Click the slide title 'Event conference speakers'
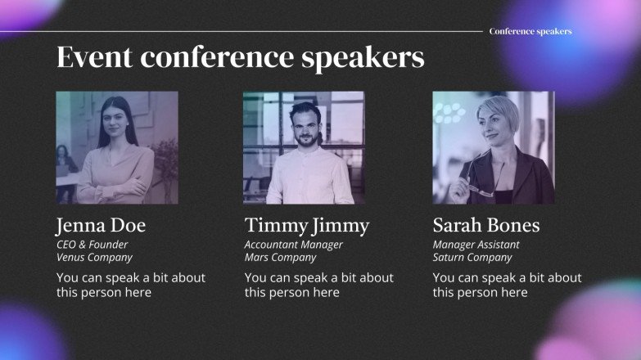pos(240,58)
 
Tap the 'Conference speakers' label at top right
pos(530,31)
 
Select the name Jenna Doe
pos(101,226)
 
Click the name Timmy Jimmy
pos(307,226)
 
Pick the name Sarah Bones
pos(486,226)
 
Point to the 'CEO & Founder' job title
pos(92,245)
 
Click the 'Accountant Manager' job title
pos(293,245)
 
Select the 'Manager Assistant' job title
pos(476,245)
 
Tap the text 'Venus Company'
pos(94,258)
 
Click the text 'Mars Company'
pos(280,258)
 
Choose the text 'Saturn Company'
pos(472,258)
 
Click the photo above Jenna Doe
pos(117,147)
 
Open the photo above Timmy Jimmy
pos(304,147)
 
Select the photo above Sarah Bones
pos(494,147)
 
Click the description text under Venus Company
pos(131,285)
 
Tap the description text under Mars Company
pos(318,285)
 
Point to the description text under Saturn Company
pos(507,285)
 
